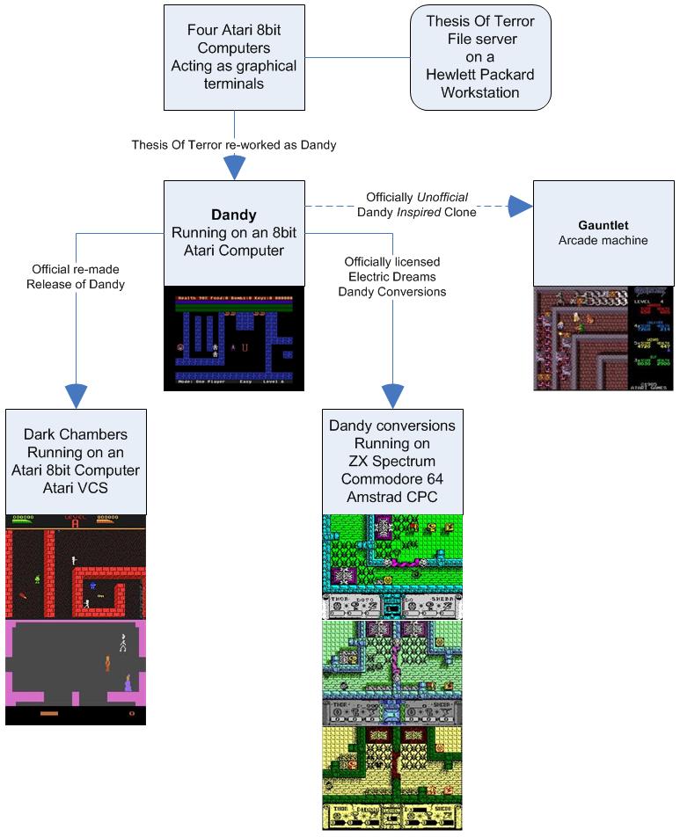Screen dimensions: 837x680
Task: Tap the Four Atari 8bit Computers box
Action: click(234, 57)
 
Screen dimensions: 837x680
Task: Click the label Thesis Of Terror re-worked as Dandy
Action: click(234, 144)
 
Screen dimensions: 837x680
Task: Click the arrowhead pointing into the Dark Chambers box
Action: click(77, 395)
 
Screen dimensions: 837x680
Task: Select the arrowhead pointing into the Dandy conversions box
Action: click(392, 395)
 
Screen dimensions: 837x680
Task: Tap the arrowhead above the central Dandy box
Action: click(234, 167)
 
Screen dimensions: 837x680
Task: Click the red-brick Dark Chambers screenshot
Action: click(76, 566)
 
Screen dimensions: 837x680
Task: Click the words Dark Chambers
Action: click(76, 434)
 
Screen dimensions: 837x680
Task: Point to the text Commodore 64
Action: click(392, 478)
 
